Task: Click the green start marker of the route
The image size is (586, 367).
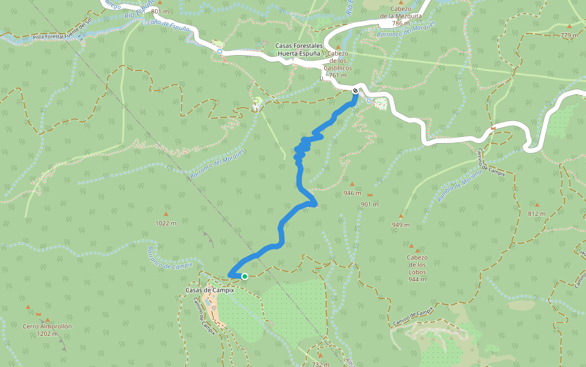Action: coord(244,276)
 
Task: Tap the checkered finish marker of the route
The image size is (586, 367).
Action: coord(355,92)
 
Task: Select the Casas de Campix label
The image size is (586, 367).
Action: coord(211,290)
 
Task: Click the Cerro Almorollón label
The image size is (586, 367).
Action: coord(48,326)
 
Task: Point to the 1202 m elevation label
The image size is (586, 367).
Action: coord(48,334)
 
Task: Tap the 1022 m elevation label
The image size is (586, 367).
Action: coord(166,223)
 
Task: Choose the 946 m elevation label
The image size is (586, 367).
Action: coord(352,193)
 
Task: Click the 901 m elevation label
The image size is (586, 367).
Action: coord(370,204)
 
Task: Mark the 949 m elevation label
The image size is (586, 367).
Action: coord(401,225)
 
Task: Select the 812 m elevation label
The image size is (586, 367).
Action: coord(537,214)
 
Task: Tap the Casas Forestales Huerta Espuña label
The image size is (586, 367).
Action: coord(298,50)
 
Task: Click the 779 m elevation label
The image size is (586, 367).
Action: coord(569,35)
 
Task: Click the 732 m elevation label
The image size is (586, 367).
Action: coord(321,364)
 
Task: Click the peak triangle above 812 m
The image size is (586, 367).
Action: coord(537,205)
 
